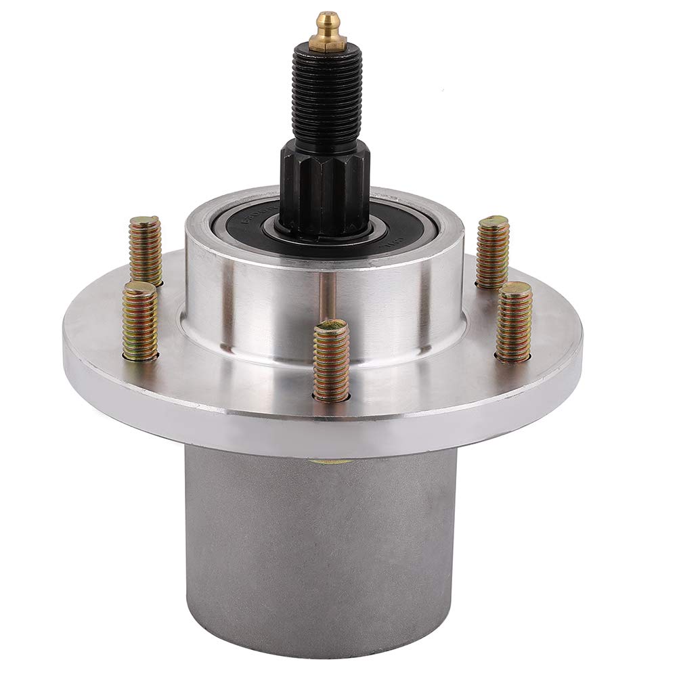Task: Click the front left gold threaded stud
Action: (x=141, y=322)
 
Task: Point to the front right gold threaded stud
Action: (x=514, y=322)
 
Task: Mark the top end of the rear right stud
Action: (x=494, y=222)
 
